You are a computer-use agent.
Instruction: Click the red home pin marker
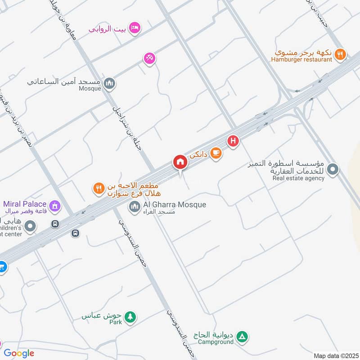point(180,162)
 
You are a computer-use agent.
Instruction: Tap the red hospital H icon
point(233,142)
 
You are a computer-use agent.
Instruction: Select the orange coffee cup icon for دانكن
point(216,153)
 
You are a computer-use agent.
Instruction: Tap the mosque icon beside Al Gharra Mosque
point(134,207)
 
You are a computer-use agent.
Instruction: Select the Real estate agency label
point(298,178)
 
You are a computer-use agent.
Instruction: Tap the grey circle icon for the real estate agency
point(333,170)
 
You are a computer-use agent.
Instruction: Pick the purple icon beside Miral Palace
point(55,206)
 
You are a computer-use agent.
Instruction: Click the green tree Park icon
point(130,317)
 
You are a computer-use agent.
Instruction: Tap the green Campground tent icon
point(242,336)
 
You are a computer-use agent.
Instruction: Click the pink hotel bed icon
point(135,29)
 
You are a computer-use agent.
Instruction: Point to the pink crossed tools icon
point(150,58)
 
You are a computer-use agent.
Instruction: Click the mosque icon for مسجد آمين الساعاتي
point(109,83)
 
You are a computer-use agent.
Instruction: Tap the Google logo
point(19,353)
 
